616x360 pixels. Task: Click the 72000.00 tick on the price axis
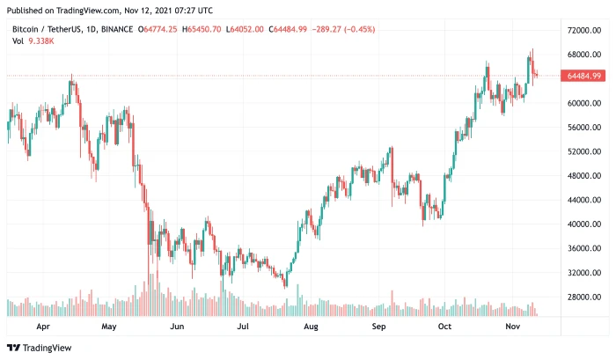pyautogui.click(x=584, y=30)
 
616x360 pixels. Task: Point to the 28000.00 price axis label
pyautogui.click(x=584, y=297)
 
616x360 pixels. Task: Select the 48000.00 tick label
pyautogui.click(x=584, y=175)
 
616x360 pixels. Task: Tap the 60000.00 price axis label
pyautogui.click(x=584, y=103)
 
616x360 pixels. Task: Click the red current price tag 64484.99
pyautogui.click(x=584, y=76)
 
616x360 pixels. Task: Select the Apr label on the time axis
pyautogui.click(x=42, y=325)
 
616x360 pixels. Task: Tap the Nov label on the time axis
pyautogui.click(x=513, y=325)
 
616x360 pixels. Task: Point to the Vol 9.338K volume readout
pyautogui.click(x=30, y=40)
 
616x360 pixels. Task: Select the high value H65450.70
pyautogui.click(x=203, y=29)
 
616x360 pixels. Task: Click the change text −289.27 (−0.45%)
pyautogui.click(x=344, y=29)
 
